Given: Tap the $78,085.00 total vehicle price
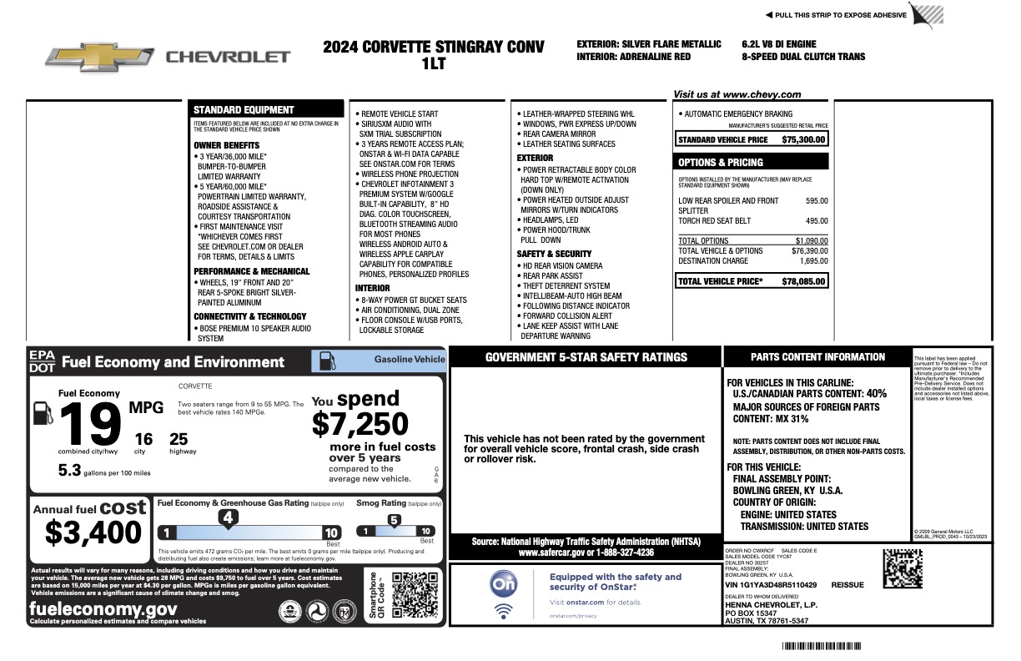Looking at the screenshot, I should point(804,281).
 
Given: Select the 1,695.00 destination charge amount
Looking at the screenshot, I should point(811,261).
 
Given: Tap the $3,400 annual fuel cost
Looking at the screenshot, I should point(93,532).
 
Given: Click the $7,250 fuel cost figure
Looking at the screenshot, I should point(360,424).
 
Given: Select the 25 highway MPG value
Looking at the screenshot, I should point(179,439).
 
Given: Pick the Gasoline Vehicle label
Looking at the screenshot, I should point(410,360).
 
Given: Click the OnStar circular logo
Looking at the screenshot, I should point(504,585).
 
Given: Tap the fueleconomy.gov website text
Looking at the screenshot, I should point(103,608).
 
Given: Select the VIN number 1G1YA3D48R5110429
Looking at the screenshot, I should point(771,586).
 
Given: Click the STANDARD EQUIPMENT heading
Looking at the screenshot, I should point(244,109).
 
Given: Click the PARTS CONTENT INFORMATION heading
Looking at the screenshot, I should point(817,357).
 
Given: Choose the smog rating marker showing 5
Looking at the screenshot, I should point(395,520).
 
